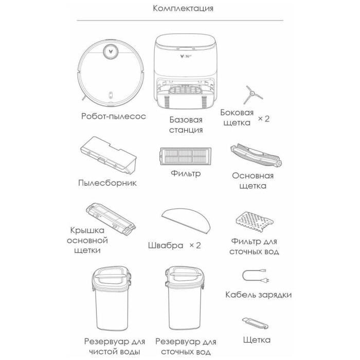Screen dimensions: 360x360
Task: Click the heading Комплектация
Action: (x=183, y=9)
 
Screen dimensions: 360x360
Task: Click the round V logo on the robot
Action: (x=111, y=52)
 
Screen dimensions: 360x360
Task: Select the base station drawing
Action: (x=186, y=71)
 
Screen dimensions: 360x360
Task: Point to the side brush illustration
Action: (x=252, y=95)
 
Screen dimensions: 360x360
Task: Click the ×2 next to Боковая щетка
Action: (x=263, y=119)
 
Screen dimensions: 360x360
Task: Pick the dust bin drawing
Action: (x=109, y=155)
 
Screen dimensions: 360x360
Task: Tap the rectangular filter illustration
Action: (x=186, y=156)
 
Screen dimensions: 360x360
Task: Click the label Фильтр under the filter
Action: (x=186, y=173)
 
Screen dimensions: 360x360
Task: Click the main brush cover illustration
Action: (x=111, y=219)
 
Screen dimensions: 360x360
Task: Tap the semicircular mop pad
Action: (x=186, y=221)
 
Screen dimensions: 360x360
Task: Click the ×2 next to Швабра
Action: (x=195, y=245)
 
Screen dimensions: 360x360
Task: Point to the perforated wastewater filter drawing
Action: (x=255, y=221)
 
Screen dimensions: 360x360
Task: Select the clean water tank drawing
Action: (x=112, y=298)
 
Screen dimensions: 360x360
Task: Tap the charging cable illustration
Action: (x=256, y=276)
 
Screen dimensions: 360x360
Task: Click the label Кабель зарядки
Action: (x=259, y=295)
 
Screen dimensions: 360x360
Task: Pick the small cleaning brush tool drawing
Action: (x=255, y=323)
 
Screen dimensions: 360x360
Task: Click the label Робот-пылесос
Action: (x=114, y=116)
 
